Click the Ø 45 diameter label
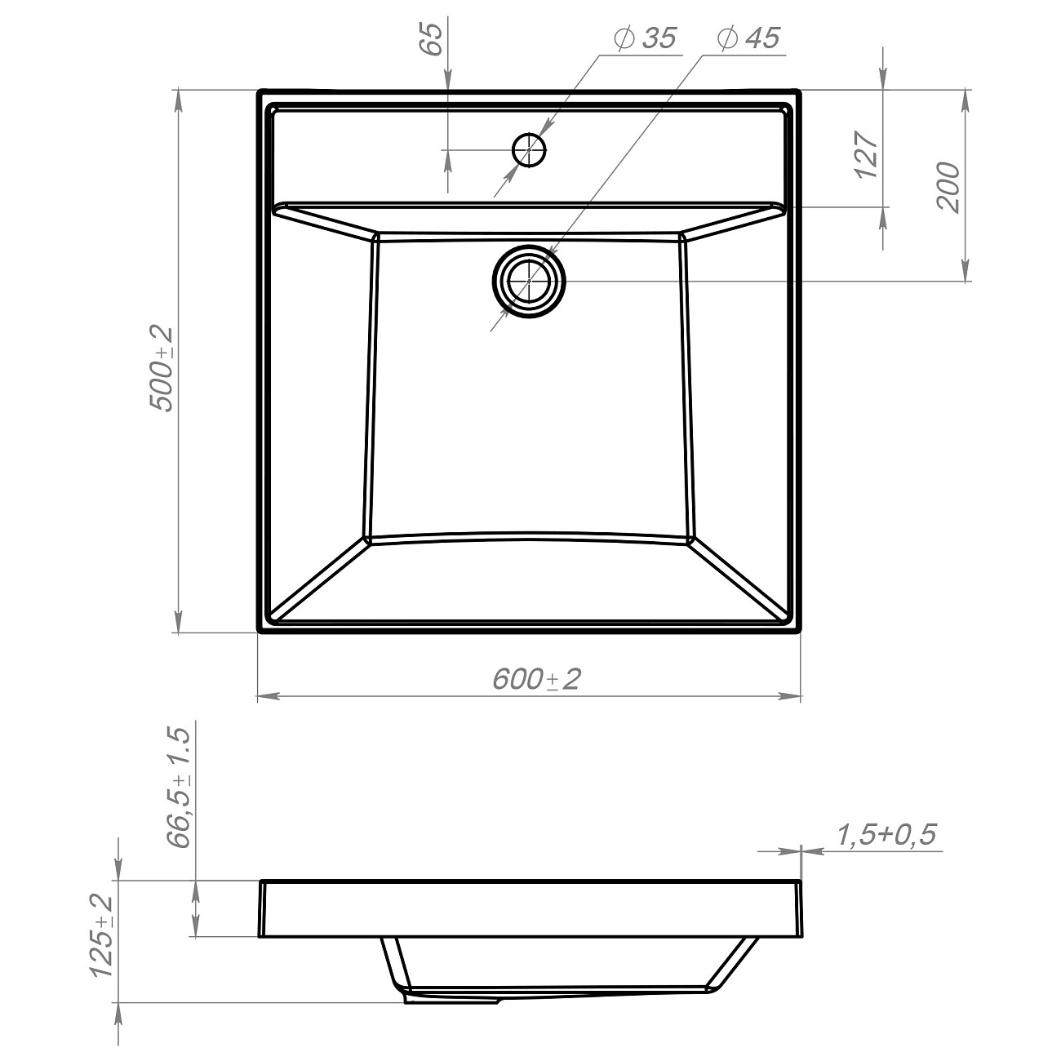pyautogui.click(x=749, y=38)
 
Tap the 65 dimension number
pyautogui.click(x=433, y=39)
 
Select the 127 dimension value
pyautogui.click(x=866, y=155)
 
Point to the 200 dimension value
pyautogui.click(x=948, y=187)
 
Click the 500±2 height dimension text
pyautogui.click(x=162, y=370)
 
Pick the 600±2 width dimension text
pyautogui.click(x=536, y=679)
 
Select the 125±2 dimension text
pyautogui.click(x=101, y=937)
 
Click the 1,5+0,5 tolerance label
pyautogui.click(x=886, y=835)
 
